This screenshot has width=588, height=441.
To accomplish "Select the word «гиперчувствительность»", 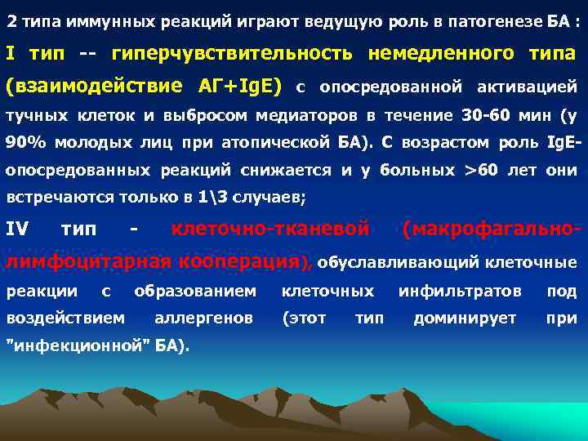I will click(x=232, y=54).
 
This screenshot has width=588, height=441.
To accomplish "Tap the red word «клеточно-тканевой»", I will click(x=269, y=232).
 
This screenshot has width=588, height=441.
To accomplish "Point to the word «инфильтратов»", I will click(x=460, y=291).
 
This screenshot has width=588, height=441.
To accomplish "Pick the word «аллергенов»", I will click(x=203, y=318).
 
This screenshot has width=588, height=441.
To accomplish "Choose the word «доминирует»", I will click(x=465, y=318).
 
